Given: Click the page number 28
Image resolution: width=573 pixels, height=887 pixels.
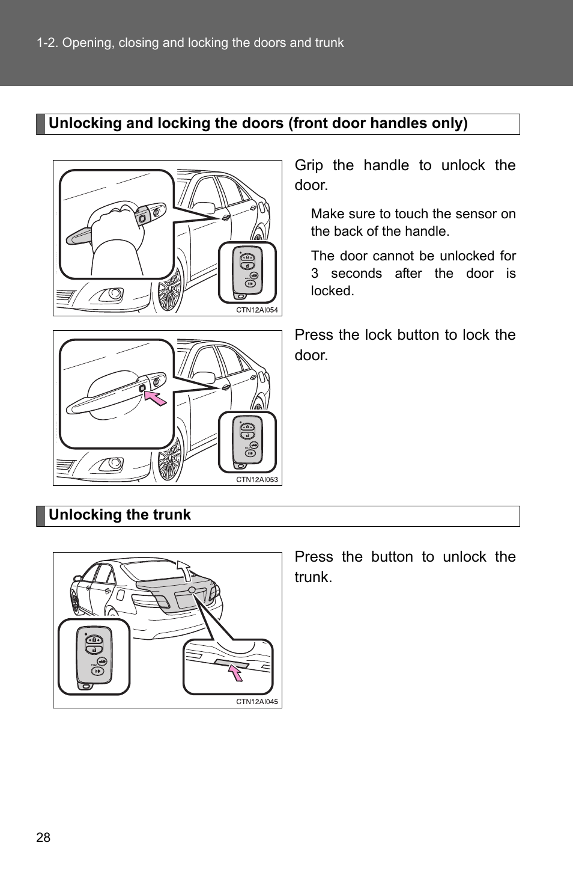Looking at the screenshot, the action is click(43, 837).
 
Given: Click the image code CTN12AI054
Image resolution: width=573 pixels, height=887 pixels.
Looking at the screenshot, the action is click(256, 310).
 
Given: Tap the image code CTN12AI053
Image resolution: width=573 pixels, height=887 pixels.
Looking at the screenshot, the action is click(256, 480).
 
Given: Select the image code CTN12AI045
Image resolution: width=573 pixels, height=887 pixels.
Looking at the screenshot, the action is click(256, 702).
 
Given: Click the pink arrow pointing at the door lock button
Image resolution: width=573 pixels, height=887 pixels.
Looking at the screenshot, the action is click(156, 397).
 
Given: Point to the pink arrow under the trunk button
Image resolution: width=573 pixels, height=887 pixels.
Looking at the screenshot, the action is click(236, 671).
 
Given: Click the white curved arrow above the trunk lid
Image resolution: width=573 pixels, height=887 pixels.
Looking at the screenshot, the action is click(185, 569).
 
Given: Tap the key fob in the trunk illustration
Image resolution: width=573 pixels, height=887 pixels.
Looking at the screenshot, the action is click(94, 657).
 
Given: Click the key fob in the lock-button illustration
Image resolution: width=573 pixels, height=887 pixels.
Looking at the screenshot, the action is click(247, 441).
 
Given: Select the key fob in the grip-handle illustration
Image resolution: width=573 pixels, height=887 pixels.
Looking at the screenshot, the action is click(247, 272).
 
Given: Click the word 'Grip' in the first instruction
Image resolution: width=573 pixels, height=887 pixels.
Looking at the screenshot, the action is click(309, 165).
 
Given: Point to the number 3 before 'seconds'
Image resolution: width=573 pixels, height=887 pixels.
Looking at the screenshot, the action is click(315, 274).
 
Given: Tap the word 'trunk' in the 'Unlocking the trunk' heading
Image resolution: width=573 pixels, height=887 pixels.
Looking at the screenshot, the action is click(171, 515).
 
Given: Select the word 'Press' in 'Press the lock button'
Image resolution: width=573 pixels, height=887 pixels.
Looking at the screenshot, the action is click(314, 335).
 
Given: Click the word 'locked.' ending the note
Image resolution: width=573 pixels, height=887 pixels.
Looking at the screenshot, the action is click(332, 291).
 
